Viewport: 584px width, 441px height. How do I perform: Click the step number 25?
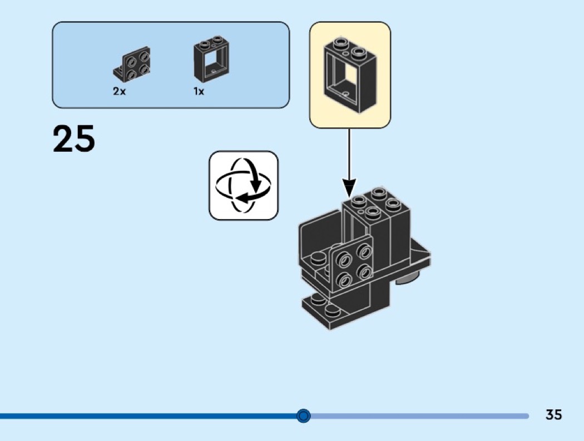click(74, 139)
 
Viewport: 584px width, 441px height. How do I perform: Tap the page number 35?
click(553, 415)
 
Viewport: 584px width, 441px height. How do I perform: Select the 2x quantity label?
click(120, 91)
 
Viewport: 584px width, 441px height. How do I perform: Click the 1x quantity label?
click(199, 91)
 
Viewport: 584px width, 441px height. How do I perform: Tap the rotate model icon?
click(244, 185)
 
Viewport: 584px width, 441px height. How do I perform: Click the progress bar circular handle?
click(304, 415)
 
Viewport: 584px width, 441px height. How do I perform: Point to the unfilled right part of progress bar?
click(417, 415)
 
